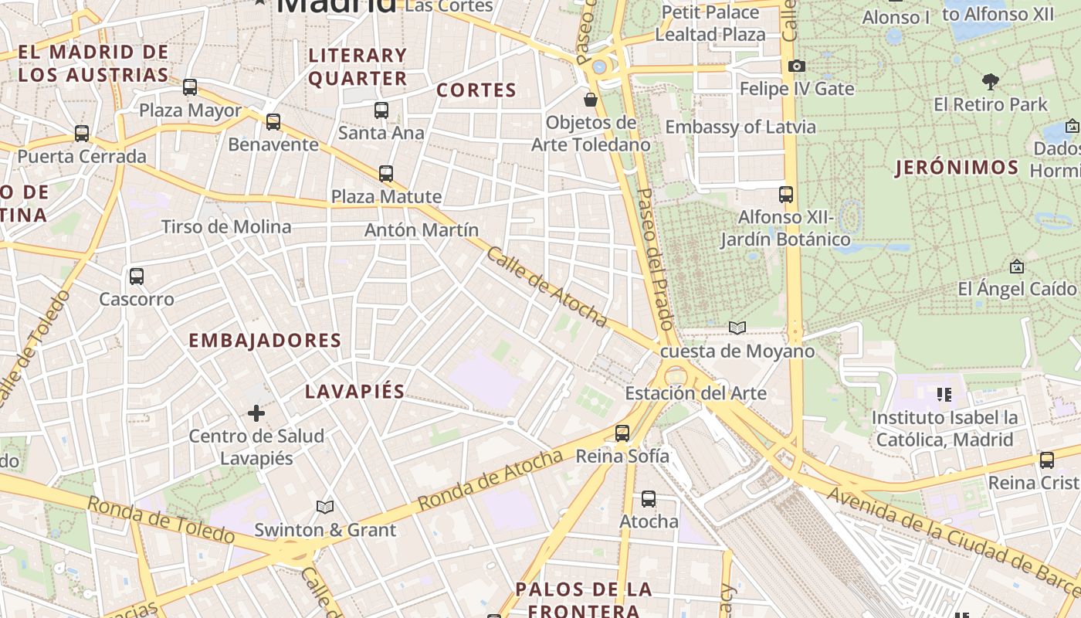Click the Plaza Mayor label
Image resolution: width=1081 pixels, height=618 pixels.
(190, 111)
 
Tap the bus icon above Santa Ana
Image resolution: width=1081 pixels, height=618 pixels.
(381, 110)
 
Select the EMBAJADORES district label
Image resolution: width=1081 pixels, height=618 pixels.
(265, 341)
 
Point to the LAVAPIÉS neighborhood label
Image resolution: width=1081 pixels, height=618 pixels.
(354, 392)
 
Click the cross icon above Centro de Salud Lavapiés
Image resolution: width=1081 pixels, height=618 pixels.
(256, 414)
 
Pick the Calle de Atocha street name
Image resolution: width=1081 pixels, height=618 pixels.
(546, 287)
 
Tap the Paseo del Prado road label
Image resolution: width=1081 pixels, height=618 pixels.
(656, 259)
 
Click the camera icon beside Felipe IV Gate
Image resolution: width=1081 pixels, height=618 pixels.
(797, 66)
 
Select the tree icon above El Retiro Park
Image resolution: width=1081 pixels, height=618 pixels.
(991, 81)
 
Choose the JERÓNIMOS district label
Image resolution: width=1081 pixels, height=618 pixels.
(957, 168)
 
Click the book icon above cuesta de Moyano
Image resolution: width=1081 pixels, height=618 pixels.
(737, 328)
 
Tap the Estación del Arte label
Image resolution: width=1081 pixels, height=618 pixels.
(696, 393)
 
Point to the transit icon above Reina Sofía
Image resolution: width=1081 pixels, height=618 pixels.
(622, 433)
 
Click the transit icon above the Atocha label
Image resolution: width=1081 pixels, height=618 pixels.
(649, 499)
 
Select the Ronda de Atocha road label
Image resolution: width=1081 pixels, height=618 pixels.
(490, 480)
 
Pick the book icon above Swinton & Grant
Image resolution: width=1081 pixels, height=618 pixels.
(325, 508)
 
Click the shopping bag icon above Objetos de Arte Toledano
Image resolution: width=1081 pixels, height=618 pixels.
(591, 100)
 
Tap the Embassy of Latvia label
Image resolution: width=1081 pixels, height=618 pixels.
(740, 127)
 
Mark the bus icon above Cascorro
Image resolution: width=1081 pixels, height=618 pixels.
(137, 276)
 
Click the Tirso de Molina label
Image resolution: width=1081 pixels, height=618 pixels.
(226, 227)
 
